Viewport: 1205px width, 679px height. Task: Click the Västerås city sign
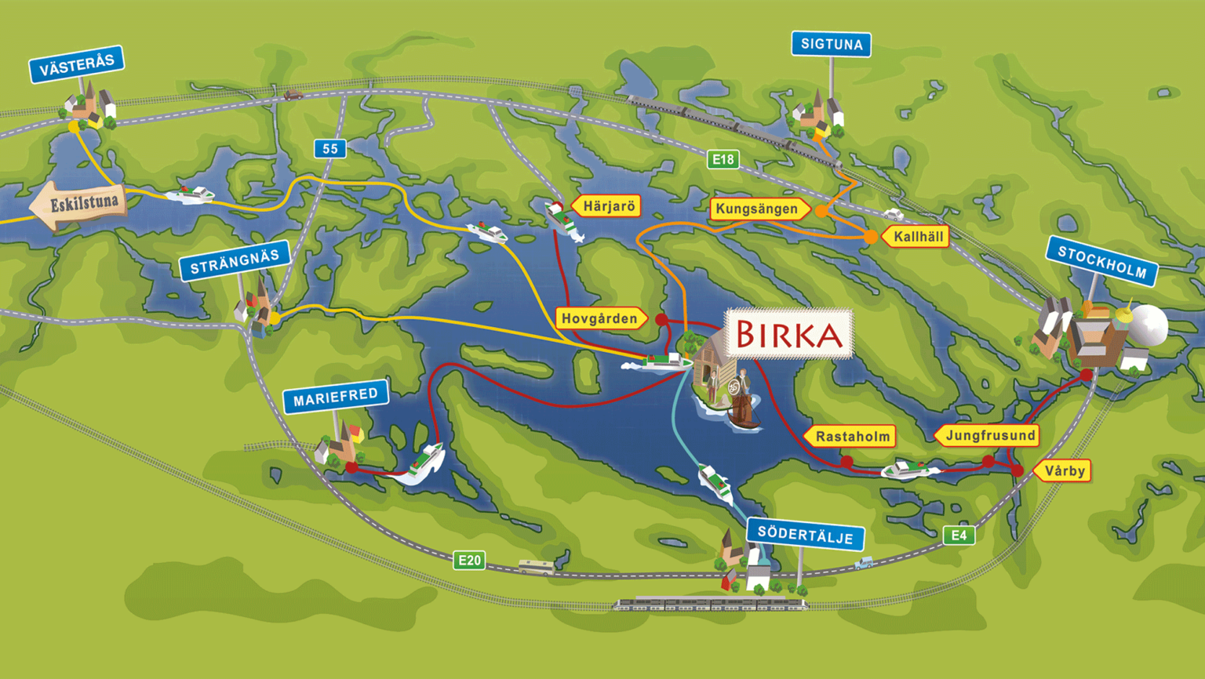point(76,64)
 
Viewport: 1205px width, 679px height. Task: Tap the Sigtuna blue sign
point(831,44)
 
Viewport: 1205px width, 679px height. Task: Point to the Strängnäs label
point(235,261)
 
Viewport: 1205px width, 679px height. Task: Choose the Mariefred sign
point(335,397)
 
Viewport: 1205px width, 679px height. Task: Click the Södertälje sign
point(805,535)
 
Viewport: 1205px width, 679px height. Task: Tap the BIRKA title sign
point(788,335)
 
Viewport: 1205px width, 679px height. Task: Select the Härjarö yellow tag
point(608,206)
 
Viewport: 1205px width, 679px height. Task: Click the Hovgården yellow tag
point(600,318)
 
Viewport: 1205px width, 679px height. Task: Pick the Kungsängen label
point(758,209)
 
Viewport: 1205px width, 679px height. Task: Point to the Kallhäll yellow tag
point(917,236)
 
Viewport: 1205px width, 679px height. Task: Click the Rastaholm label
point(852,437)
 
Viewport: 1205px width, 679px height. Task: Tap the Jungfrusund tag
point(988,435)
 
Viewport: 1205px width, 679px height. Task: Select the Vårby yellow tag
point(1064,470)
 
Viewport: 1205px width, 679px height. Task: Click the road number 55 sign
point(330,148)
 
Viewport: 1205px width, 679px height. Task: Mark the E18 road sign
point(723,160)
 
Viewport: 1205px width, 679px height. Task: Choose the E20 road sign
point(469,560)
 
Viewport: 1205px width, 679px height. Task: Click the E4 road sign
point(959,536)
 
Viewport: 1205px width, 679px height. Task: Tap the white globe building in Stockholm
point(1149,323)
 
